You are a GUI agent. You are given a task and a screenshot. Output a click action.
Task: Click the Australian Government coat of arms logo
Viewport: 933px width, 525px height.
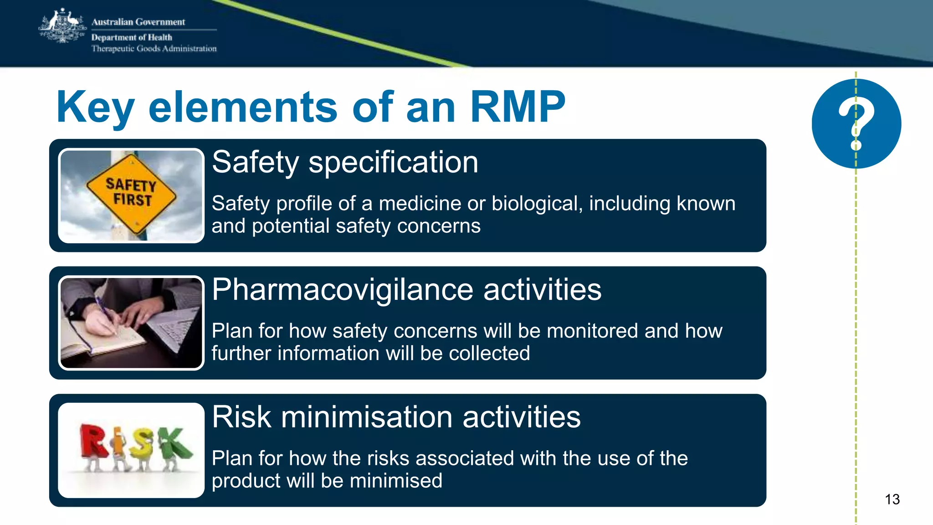pyautogui.click(x=62, y=26)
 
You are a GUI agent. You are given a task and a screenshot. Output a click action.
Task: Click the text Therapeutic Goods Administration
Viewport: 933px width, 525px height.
pyautogui.click(x=154, y=49)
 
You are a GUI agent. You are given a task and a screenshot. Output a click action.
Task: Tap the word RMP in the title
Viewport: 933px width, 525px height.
pyautogui.click(x=518, y=107)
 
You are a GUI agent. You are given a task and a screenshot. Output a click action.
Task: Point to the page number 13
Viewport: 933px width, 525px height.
pyautogui.click(x=892, y=499)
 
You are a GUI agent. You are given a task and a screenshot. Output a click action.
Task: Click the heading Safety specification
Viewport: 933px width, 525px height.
pyautogui.click(x=345, y=162)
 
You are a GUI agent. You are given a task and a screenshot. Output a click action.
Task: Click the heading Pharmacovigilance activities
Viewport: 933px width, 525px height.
pyautogui.click(x=406, y=290)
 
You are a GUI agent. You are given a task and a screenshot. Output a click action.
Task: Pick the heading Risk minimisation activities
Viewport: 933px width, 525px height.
pyautogui.click(x=396, y=417)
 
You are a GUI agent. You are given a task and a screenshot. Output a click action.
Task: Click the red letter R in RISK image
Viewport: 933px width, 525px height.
pyautogui.click(x=92, y=441)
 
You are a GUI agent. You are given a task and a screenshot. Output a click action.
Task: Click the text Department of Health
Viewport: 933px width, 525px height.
pyautogui.click(x=132, y=37)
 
